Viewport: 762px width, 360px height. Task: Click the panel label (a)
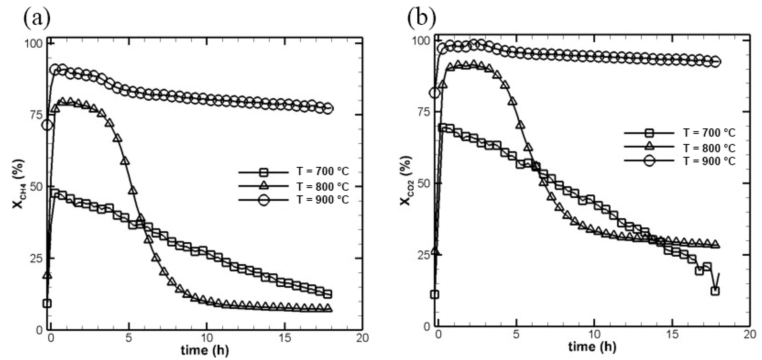pyautogui.click(x=37, y=18)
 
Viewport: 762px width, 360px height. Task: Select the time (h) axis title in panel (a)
pyautogui.click(x=205, y=351)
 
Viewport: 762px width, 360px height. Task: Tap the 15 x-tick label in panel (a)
pyautogui.click(x=284, y=338)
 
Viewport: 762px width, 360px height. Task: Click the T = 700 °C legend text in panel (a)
pyautogui.click(x=323, y=171)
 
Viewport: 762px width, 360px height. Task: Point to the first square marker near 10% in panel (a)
pyautogui.click(x=47, y=303)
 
